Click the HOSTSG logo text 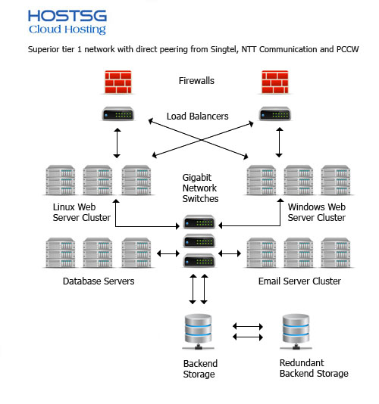(67, 16)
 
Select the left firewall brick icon (118, 82)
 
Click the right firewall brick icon (275, 82)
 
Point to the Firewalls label (196, 81)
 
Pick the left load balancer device (118, 114)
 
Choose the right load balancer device (275, 114)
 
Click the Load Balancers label (198, 117)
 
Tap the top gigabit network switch (199, 222)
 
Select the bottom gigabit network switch (199, 260)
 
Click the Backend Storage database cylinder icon (199, 331)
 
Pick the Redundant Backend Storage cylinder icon (296, 331)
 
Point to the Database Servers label (99, 281)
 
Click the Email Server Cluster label (299, 281)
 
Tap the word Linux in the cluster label (63, 207)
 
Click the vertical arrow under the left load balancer (117, 143)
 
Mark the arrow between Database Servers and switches (168, 253)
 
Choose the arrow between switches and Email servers (230, 253)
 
